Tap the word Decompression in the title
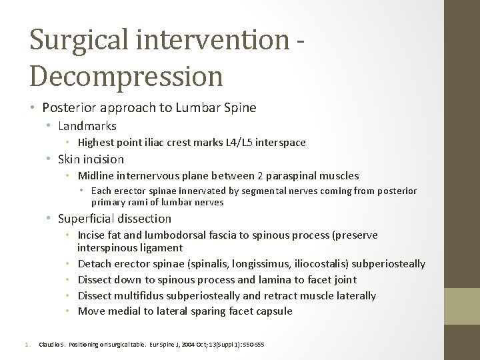[125, 75]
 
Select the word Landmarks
[87, 126]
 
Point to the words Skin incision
[91, 159]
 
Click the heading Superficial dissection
[114, 219]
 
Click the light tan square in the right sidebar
[462, 307]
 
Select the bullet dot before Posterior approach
[33, 108]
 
